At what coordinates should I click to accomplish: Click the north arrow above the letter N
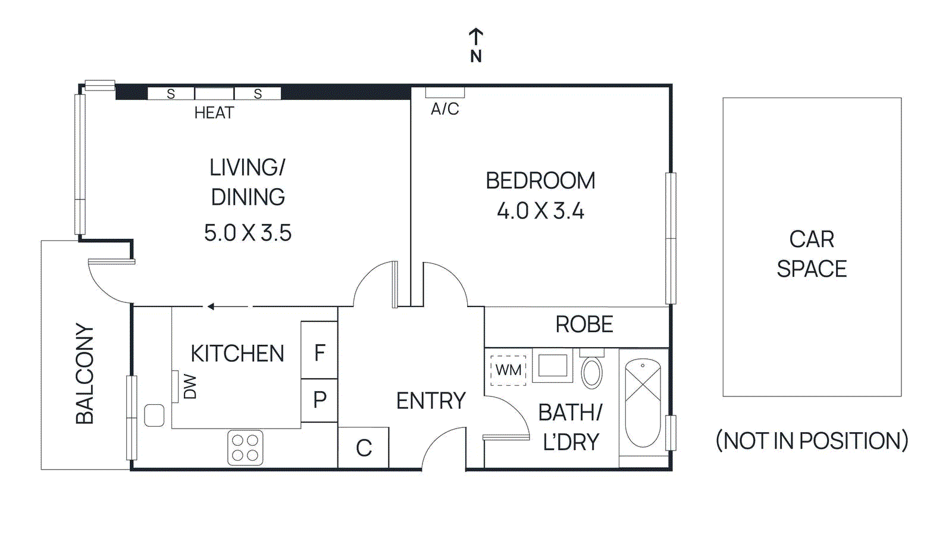(x=475, y=36)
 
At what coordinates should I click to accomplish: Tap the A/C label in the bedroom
(x=444, y=109)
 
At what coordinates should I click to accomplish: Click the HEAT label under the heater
(x=214, y=113)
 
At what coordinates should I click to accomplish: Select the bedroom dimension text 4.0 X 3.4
(x=540, y=211)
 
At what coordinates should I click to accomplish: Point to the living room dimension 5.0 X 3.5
(x=248, y=233)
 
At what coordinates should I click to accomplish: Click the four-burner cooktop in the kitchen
(x=245, y=448)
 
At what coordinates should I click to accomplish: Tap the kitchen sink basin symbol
(x=154, y=415)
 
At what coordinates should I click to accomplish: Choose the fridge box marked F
(x=320, y=353)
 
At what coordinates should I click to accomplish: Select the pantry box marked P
(x=320, y=399)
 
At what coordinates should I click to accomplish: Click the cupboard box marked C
(x=364, y=448)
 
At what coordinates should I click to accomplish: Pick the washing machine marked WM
(x=508, y=370)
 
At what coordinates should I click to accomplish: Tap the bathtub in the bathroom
(x=643, y=402)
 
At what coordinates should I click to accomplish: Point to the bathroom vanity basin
(x=553, y=365)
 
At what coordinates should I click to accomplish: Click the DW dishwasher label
(x=189, y=386)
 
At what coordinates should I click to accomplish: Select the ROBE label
(x=584, y=324)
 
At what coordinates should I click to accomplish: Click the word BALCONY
(x=85, y=373)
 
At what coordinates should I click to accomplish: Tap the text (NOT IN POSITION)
(x=812, y=440)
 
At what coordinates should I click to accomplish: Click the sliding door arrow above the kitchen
(x=211, y=307)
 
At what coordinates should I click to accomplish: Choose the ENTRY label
(x=431, y=401)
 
